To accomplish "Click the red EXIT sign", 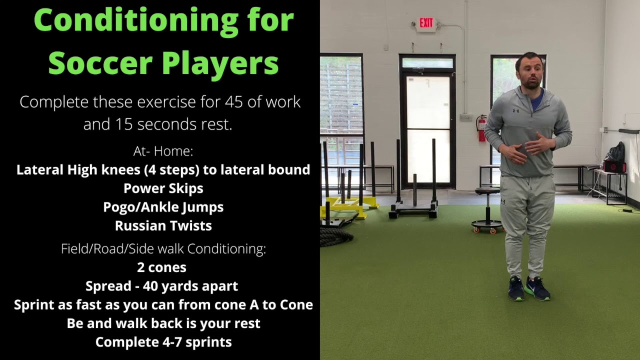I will coord(426,23).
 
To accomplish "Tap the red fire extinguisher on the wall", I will coord(481,128).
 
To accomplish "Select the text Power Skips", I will coord(163,188).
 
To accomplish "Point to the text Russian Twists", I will coord(163,226).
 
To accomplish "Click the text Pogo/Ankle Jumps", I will coord(163,207).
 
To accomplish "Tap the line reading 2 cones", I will coord(162,267).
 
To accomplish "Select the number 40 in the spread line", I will coord(151,286).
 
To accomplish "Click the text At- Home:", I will coord(163,151).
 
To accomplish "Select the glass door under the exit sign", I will coord(427,127).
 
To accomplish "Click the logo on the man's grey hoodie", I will coord(515,110).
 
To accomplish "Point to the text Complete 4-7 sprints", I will coord(163,342).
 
